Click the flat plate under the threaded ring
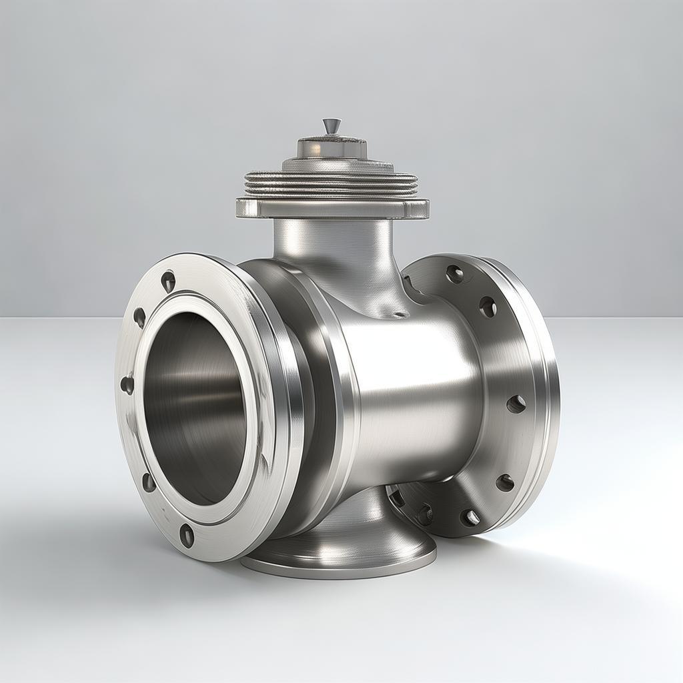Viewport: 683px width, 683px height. click(332, 208)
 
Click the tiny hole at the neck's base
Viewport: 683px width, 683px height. click(399, 313)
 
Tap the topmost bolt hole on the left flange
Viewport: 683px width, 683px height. click(168, 281)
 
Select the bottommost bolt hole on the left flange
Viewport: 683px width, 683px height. click(187, 535)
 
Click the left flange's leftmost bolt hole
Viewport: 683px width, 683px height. click(127, 385)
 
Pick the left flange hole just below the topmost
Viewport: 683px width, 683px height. click(139, 317)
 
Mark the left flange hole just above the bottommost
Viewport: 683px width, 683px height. click(148, 482)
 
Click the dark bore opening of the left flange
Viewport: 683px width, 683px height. click(197, 407)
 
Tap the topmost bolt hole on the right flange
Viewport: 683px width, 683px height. click(455, 273)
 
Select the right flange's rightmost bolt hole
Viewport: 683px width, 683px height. click(516, 404)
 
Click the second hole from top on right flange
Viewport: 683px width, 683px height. click(488, 307)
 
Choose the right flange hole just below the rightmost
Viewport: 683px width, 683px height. click(505, 482)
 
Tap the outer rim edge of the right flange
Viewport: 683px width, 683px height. click(550, 400)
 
